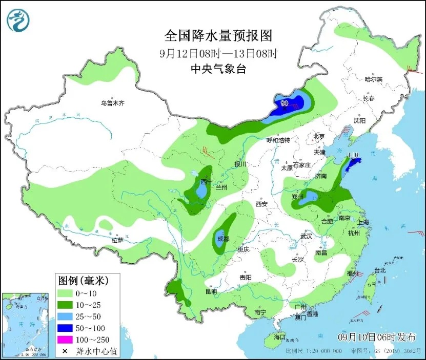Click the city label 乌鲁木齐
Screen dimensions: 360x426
112,103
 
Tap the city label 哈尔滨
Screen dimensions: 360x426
373,79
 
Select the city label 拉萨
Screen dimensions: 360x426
117,240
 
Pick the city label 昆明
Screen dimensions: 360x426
211,291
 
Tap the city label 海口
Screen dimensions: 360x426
279,337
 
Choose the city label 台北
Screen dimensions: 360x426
379,270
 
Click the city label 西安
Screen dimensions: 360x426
261,204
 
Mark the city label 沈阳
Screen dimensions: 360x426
359,121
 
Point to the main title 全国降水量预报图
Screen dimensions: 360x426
218,35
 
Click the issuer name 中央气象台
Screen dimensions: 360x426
218,69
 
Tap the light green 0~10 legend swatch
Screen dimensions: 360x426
66,293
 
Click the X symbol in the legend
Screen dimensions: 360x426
66,352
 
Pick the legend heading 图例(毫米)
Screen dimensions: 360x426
82,280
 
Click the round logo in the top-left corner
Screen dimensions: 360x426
18,20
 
